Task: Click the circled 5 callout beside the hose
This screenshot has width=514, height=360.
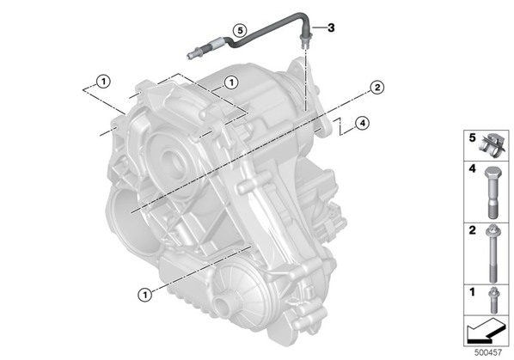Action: tap(240, 30)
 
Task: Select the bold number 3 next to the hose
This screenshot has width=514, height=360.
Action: tap(331, 27)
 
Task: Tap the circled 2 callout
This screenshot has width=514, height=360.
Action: tap(377, 88)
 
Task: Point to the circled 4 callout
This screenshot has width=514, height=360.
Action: tap(362, 124)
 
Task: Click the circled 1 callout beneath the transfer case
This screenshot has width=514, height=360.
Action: tap(144, 295)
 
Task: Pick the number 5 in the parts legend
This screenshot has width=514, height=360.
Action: tap(472, 138)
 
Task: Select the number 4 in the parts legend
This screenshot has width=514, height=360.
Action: tap(472, 169)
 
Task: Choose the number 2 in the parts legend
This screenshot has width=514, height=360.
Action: tap(472, 230)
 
